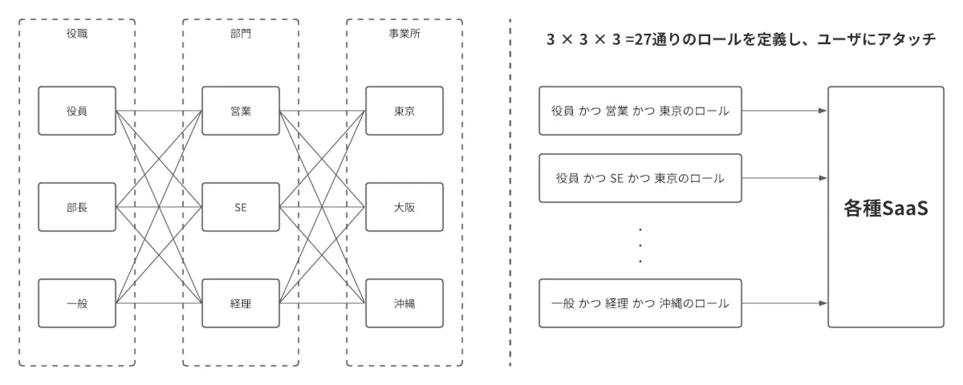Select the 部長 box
tap(77, 208)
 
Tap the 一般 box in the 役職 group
tap(77, 303)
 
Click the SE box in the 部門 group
tap(240, 208)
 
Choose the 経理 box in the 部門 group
tap(240, 303)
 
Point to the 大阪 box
tap(404, 208)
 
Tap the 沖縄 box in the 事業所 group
tap(404, 303)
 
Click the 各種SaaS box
tap(885, 207)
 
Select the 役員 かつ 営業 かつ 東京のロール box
tap(640, 111)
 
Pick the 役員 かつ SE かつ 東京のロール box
tap(640, 177)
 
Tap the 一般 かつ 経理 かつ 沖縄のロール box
tap(640, 303)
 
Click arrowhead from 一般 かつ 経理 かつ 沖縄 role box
tap(823, 303)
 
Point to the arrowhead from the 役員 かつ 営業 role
tap(823, 111)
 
